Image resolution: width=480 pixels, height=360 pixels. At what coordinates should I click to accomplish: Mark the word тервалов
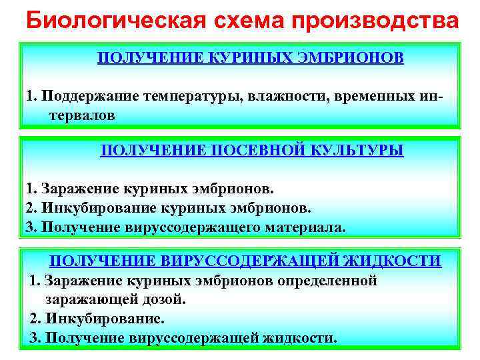[81, 115]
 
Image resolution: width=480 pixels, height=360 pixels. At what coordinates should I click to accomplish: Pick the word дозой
[169, 300]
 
